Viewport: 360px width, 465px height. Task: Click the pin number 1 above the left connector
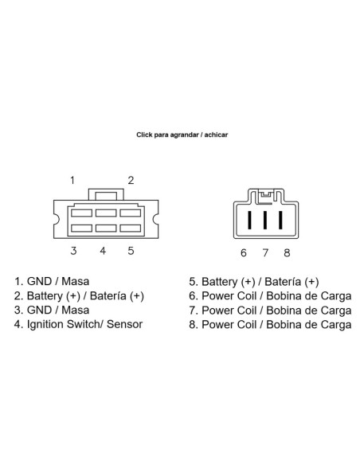coord(72,180)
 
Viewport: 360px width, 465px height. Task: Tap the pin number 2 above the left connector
coord(131,180)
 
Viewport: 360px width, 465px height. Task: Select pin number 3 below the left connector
coord(73,251)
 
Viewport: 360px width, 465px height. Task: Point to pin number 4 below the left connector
coord(103,251)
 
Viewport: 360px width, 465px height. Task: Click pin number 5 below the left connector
coord(131,251)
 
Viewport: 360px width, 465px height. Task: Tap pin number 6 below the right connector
coord(244,253)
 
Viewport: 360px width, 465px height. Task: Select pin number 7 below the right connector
coord(265,253)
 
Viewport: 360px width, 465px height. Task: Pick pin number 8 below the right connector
coord(287,253)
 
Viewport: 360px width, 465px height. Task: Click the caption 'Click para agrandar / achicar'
coord(182,135)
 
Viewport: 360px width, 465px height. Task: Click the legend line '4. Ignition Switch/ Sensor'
coord(78,324)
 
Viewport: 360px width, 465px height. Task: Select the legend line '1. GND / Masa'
coord(52,281)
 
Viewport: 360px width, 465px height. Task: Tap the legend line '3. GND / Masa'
coord(52,311)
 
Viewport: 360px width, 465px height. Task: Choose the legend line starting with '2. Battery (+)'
coord(79,296)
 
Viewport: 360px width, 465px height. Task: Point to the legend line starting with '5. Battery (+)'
coord(254,282)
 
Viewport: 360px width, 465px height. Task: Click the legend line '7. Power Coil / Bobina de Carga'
coord(270,311)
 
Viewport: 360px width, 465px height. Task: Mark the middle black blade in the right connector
coord(265,220)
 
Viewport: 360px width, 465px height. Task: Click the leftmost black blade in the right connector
coord(249,220)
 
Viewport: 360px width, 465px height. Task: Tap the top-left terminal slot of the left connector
coord(81,213)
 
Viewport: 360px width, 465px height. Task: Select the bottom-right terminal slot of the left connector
coord(130,228)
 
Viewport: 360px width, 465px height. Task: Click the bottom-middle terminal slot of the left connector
coord(106,228)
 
